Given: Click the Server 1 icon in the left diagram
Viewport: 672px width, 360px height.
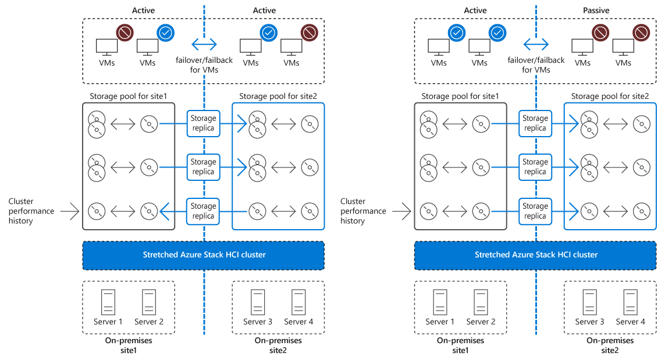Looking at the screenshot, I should pyautogui.click(x=108, y=302).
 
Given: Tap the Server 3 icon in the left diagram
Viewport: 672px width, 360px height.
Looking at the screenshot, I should pyautogui.click(x=258, y=302).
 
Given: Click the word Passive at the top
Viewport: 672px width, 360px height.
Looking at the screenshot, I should pyautogui.click(x=596, y=10).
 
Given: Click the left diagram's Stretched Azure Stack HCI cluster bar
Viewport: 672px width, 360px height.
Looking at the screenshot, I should pyautogui.click(x=204, y=255).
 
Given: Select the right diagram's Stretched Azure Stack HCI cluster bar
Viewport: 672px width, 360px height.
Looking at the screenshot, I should pyautogui.click(x=535, y=255).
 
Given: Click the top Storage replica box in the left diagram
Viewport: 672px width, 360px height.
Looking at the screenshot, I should pyautogui.click(x=204, y=123).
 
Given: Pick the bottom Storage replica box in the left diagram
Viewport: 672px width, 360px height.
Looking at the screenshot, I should pyautogui.click(x=204, y=211).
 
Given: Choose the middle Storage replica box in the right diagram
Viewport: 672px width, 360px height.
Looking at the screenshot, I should pyautogui.click(x=535, y=167).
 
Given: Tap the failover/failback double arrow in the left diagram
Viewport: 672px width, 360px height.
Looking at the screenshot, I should pyautogui.click(x=204, y=44).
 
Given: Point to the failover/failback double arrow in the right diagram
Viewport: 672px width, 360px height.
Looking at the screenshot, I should pyautogui.click(x=536, y=44).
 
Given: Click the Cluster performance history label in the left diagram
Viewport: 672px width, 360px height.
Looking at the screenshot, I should pyautogui.click(x=31, y=211).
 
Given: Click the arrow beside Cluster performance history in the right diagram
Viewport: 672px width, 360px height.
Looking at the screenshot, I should pyautogui.click(x=402, y=211).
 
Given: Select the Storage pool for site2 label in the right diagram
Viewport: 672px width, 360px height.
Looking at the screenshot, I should pyautogui.click(x=610, y=95).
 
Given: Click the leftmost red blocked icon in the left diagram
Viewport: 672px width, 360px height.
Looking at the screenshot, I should pyautogui.click(x=125, y=32).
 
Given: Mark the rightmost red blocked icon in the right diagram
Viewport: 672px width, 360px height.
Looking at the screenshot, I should pyautogui.click(x=641, y=32).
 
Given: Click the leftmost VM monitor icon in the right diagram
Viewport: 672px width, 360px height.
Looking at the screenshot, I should pyautogui.click(x=439, y=47).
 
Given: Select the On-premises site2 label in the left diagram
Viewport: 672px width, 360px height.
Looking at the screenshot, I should pyautogui.click(x=278, y=345).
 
